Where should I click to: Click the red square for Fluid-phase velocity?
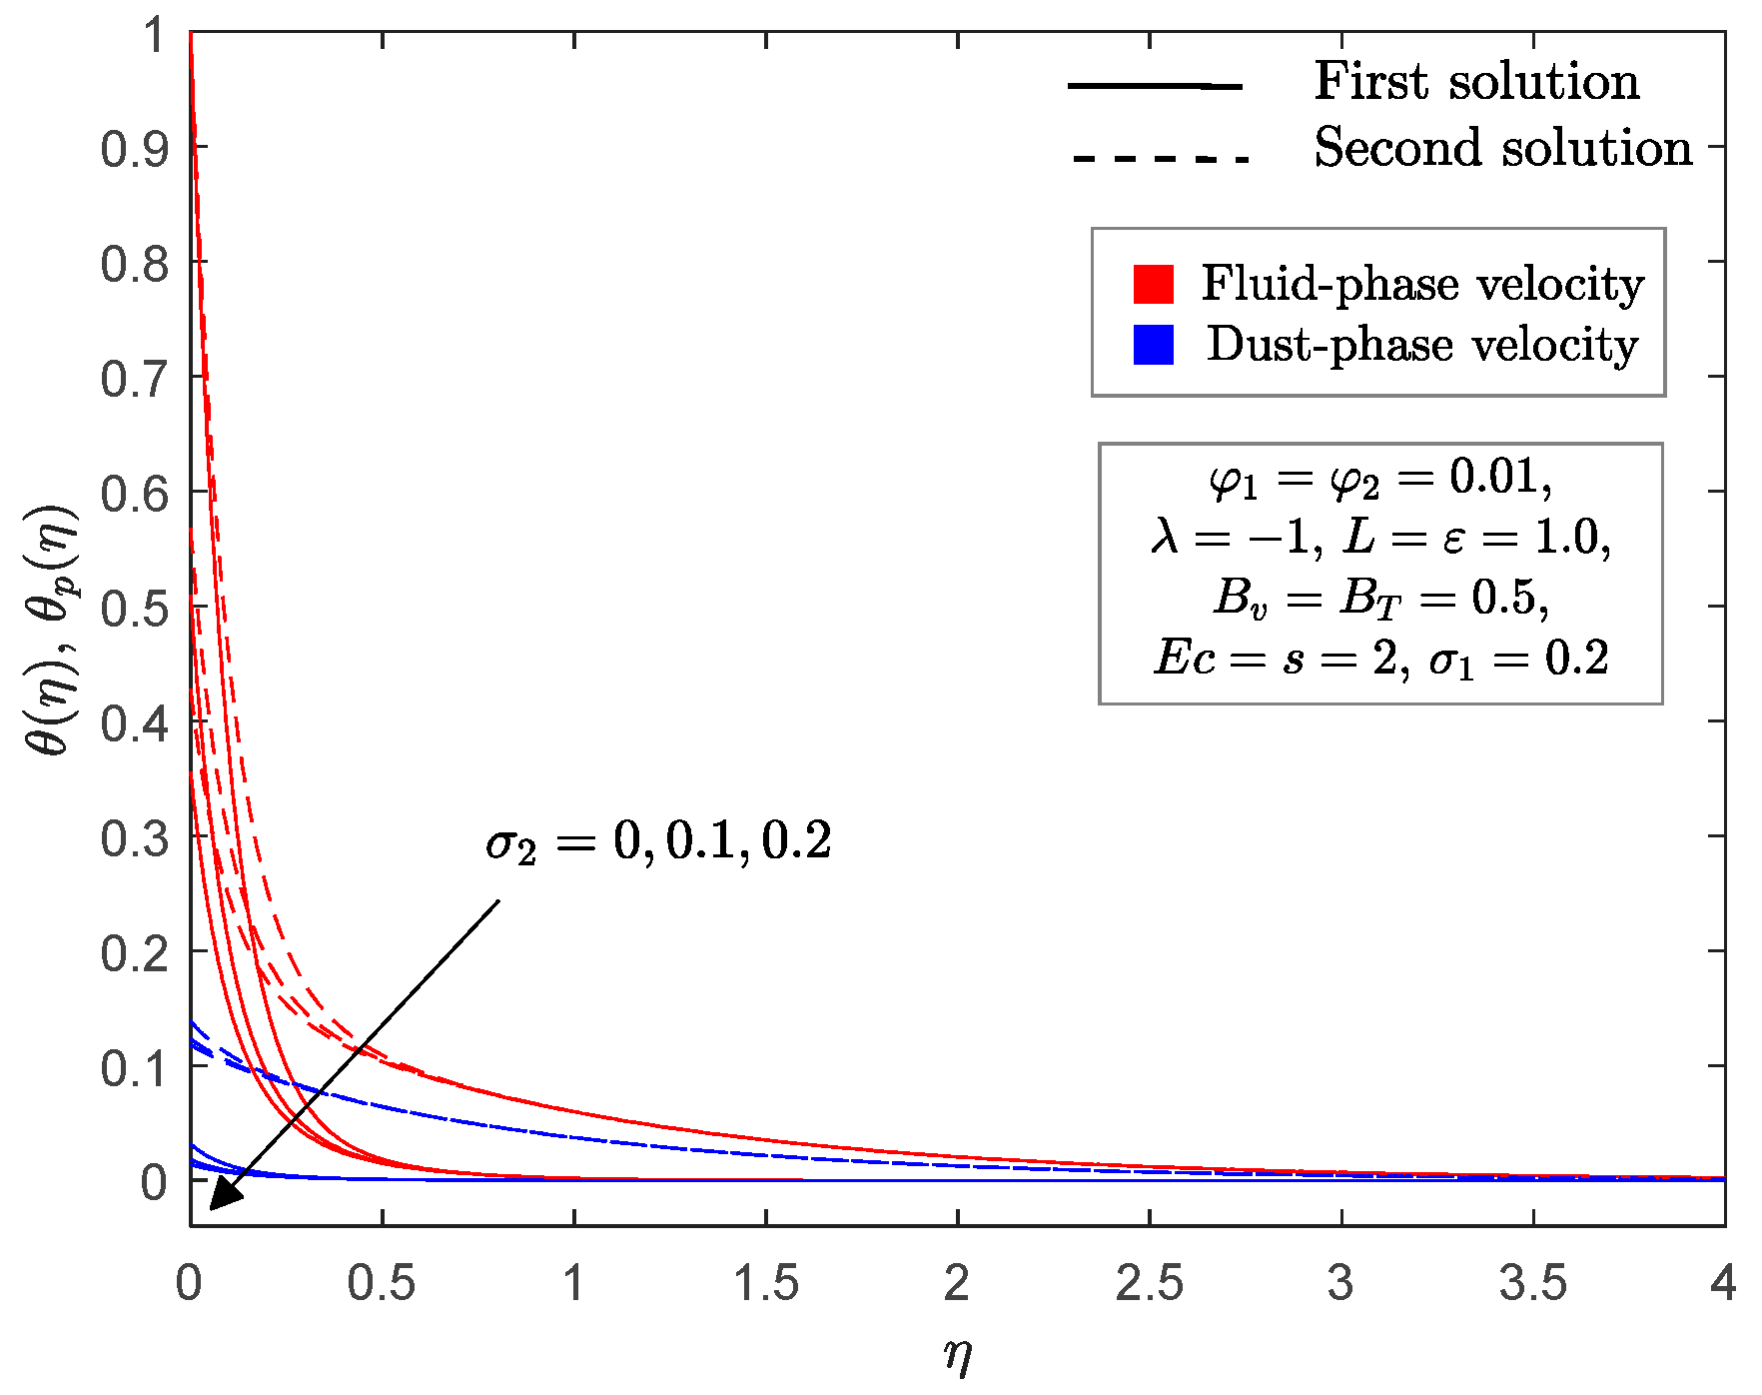1153,284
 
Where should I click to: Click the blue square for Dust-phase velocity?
1153,345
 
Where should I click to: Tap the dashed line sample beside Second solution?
1160,158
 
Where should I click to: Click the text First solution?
1476,81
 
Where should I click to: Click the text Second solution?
1502,148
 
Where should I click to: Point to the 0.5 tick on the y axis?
134,608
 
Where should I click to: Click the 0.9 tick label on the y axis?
134,149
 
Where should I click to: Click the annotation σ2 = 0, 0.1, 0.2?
658,842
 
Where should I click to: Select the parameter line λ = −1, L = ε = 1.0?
1380,538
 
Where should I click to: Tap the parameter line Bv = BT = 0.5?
1380,598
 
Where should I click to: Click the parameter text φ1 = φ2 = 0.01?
1380,478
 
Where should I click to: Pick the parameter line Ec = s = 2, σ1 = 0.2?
1380,659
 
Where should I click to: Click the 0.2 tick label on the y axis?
134,952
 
